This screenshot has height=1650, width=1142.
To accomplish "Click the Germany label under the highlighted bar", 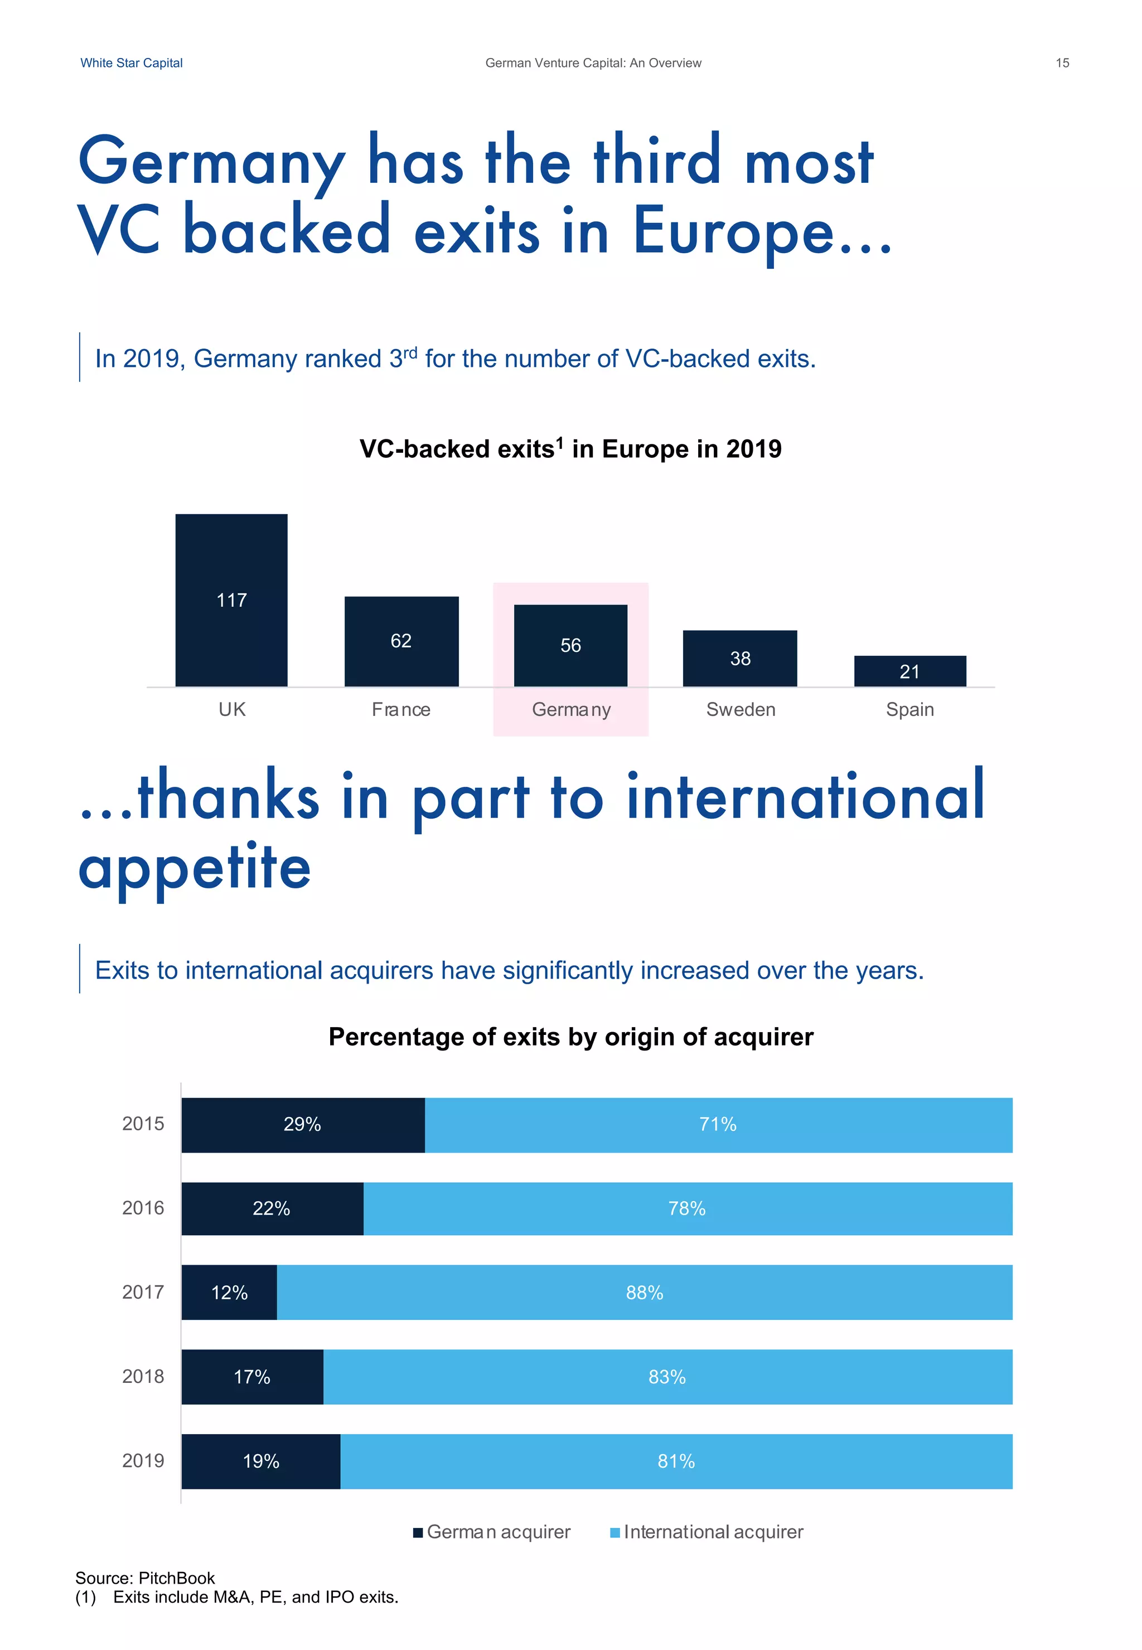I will (571, 709).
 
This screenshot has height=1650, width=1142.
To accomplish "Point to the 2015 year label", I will (143, 1124).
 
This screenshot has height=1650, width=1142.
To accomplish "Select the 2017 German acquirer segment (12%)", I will (229, 1292).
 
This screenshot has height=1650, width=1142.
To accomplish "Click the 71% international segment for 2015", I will (718, 1124).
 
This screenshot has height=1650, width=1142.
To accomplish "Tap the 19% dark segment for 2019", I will (260, 1461).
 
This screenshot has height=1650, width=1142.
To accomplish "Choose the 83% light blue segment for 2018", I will (667, 1377).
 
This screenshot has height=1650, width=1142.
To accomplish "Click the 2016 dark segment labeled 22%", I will (272, 1208).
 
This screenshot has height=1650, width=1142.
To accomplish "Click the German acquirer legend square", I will (418, 1533).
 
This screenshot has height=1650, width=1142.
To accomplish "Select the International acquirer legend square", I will (614, 1533).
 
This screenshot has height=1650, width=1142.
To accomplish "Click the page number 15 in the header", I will (1062, 63).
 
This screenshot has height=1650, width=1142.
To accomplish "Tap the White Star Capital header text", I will (131, 63).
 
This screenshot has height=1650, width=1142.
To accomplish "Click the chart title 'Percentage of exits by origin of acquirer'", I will (570, 1037).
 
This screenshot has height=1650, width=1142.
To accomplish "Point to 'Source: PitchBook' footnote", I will (144, 1578).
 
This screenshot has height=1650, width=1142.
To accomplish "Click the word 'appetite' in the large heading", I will (195, 867).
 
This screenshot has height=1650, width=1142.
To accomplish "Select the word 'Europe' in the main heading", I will (733, 231).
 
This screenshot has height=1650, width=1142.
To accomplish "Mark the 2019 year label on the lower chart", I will (143, 1460).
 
